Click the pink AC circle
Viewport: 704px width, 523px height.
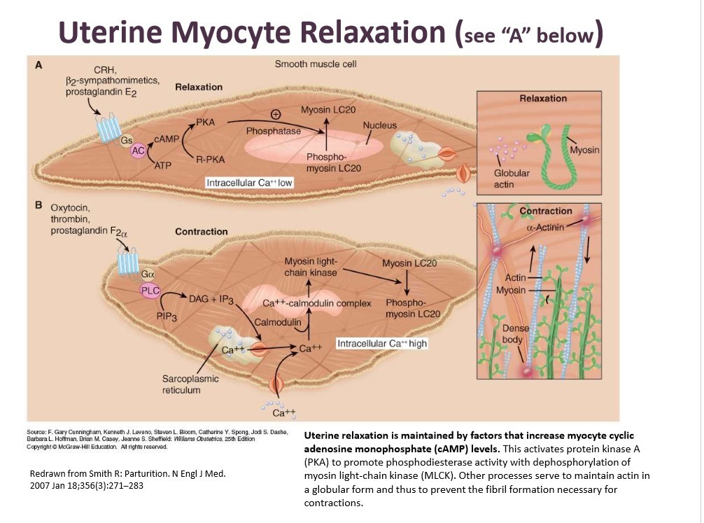coord(138,151)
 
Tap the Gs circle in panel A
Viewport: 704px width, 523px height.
coord(127,140)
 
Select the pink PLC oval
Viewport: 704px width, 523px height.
coord(150,290)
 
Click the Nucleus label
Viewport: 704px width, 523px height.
coord(379,125)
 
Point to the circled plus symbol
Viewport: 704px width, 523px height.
coord(276,114)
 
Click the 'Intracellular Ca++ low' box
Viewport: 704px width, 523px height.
coord(248,183)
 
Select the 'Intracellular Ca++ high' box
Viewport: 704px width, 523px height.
coord(382,344)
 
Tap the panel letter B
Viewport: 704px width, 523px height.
coord(39,207)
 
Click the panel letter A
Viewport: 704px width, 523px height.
coord(39,66)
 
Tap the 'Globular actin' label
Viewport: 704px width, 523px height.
coord(512,178)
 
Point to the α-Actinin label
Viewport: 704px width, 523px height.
coord(545,227)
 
